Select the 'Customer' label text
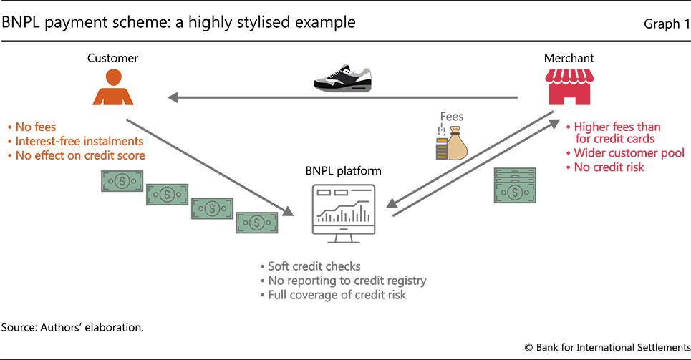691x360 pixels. click(x=112, y=58)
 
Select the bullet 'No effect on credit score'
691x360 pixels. click(x=79, y=155)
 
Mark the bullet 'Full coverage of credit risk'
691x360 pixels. click(x=333, y=294)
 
